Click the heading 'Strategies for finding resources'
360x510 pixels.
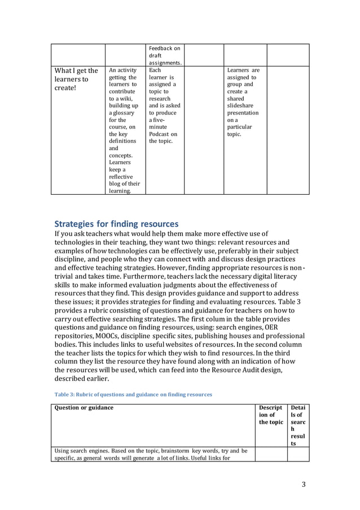click(116, 224)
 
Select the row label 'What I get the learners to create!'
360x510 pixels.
click(76, 80)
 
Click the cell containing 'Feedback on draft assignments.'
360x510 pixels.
click(164, 56)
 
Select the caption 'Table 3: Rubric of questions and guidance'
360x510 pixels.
click(133, 394)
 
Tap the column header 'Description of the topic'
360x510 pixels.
click(270, 415)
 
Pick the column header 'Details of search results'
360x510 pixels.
click(297, 425)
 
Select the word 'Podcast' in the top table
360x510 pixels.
click(163, 134)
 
